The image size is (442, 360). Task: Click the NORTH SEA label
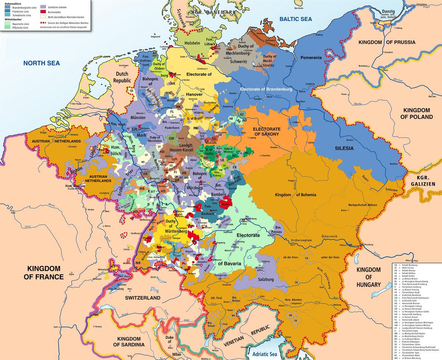[41, 63]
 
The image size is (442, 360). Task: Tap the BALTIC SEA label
[295, 19]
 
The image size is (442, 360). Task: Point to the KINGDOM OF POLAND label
[417, 113]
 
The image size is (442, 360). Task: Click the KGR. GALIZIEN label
[424, 180]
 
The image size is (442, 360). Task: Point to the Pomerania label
[311, 58]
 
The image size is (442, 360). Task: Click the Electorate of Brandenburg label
[266, 89]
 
